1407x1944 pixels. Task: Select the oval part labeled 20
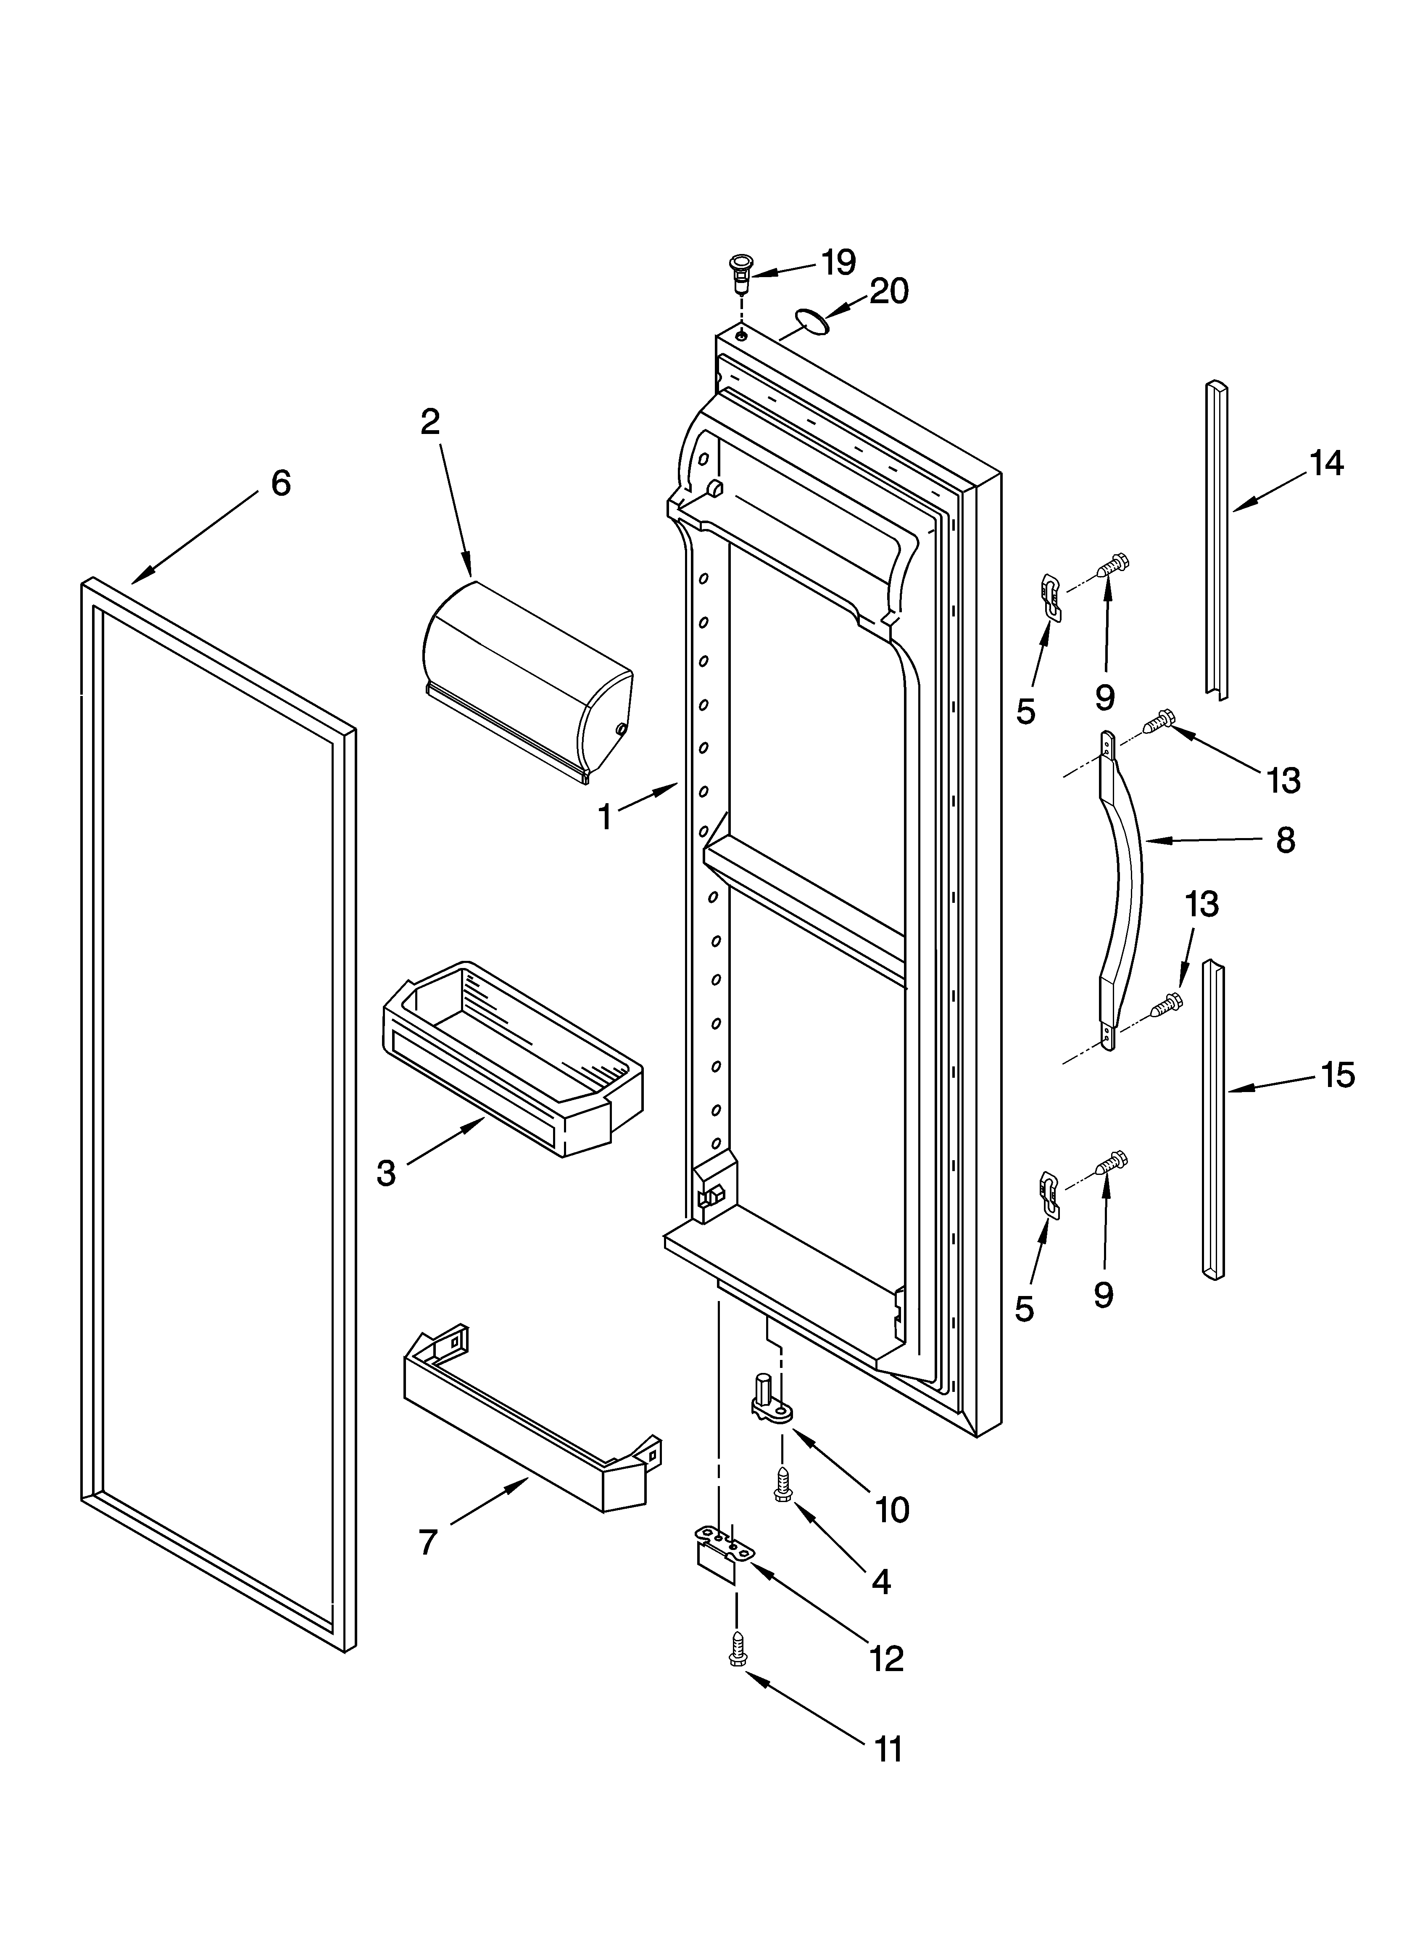coord(812,321)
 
